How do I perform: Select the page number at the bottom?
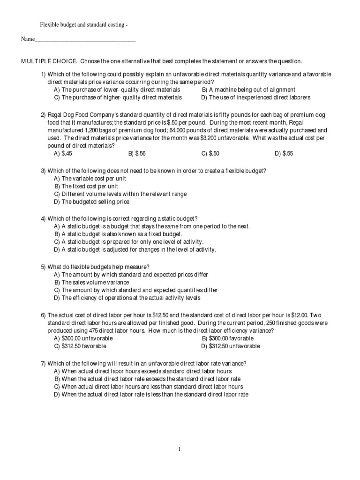tap(179, 449)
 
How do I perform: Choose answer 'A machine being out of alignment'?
tap(248, 90)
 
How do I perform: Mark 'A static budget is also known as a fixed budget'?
tap(118, 234)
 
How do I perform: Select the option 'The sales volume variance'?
tap(91, 283)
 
